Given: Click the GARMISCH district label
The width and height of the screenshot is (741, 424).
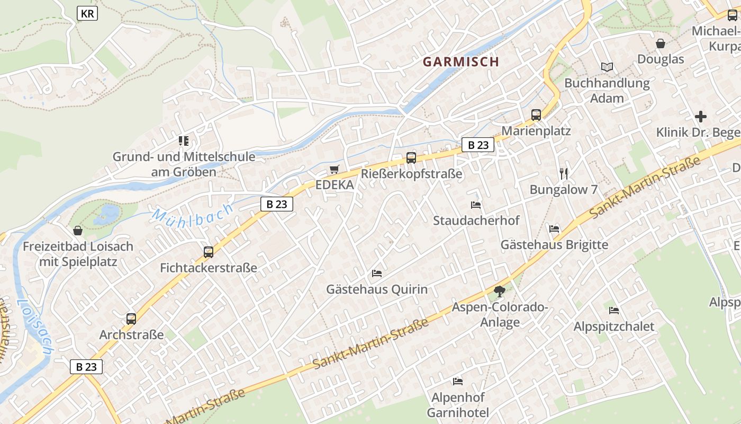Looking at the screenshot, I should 460,61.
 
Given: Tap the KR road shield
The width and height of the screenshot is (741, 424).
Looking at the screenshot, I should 87,13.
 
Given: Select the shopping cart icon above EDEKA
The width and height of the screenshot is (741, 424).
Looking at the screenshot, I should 334,170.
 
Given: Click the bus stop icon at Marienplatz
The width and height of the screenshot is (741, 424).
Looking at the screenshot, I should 536,115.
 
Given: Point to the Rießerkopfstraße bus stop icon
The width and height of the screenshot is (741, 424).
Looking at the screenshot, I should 411,157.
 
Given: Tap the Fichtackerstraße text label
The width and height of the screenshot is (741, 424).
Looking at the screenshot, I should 209,268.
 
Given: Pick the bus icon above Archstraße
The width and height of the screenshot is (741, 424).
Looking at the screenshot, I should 131,319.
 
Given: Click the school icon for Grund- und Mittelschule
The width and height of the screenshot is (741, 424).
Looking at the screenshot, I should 184,141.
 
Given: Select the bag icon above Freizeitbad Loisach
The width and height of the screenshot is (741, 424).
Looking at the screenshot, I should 78,231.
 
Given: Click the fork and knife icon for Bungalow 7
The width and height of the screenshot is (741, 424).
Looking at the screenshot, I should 564,173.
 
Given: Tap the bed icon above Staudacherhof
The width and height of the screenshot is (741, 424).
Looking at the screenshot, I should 476,205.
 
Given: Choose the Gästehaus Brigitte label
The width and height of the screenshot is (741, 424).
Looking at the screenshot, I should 554,245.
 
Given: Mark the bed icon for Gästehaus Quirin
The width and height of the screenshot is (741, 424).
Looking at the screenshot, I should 377,273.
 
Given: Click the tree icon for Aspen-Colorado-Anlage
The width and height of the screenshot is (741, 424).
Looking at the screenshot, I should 499,291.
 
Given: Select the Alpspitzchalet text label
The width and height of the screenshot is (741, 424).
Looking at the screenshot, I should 614,326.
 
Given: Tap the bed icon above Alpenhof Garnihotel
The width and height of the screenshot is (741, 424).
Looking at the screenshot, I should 458,381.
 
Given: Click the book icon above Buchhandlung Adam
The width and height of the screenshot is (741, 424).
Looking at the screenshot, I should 607,67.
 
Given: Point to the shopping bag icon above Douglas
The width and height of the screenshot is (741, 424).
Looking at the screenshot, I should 661,43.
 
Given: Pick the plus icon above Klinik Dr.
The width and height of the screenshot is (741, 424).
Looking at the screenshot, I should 701,117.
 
